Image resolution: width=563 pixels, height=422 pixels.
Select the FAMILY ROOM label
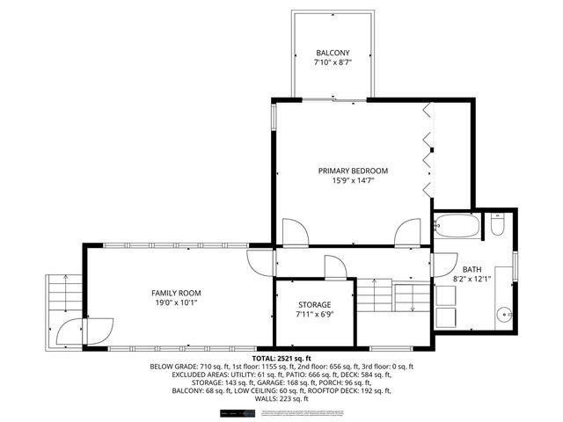[x=177, y=293]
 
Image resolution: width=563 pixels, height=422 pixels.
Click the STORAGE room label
[x=314, y=304]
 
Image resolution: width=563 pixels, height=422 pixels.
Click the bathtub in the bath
[x=457, y=226]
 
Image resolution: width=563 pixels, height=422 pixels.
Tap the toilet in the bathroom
[x=498, y=227]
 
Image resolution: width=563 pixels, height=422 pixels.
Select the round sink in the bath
[x=504, y=313]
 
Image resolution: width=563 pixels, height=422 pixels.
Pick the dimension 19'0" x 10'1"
[x=177, y=303]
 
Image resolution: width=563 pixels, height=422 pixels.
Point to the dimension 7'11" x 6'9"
[x=314, y=315]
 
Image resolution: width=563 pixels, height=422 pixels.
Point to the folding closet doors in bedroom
[x=428, y=149]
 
